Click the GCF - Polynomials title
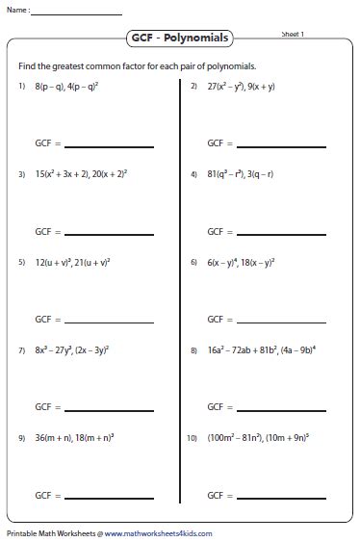coord(179,39)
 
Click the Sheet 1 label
coord(293,34)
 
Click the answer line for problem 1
coord(109,146)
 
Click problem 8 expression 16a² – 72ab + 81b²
coord(240,348)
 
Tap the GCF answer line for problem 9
coord(109,496)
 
